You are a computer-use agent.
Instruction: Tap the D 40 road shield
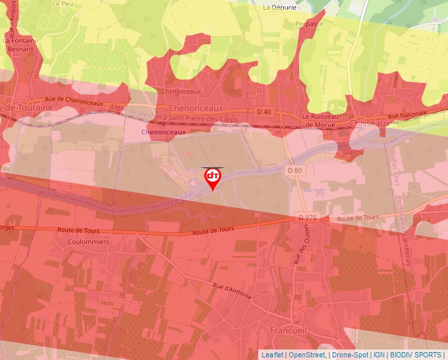pyautogui.click(x=264, y=112)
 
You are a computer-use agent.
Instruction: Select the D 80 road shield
pyautogui.click(x=294, y=170)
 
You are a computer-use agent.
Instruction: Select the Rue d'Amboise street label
pyautogui.click(x=232, y=291)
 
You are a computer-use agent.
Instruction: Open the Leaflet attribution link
pyautogui.click(x=272, y=355)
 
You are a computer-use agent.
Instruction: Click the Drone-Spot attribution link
pyautogui.click(x=350, y=355)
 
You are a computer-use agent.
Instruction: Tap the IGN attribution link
pyautogui.click(x=379, y=355)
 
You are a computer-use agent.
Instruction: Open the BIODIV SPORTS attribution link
pyautogui.click(x=416, y=355)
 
